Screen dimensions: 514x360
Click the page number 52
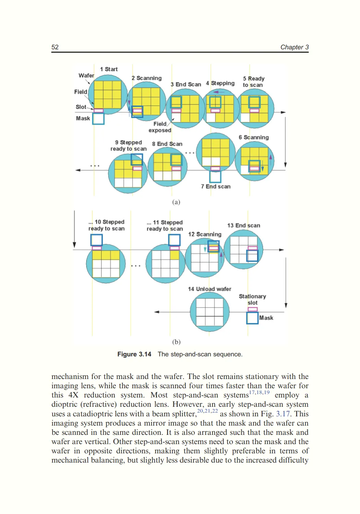coord(55,47)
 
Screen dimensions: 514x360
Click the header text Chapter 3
coord(294,47)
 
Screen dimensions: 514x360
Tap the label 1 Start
coord(109,69)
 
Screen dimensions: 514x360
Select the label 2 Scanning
coord(146,78)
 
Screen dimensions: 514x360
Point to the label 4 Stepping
coord(220,83)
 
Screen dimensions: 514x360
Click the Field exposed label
coord(160,127)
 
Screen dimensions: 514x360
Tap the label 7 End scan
coord(216,186)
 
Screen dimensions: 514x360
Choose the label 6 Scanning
coord(254,137)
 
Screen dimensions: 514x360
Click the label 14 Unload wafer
coord(209,289)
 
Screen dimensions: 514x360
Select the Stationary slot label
coord(252,299)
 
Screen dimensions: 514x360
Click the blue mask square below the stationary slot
coord(252,318)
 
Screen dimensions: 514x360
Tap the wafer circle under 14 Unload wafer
coord(209,312)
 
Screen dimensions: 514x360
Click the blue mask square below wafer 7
coord(215,177)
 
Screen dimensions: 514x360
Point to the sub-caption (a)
coord(176,202)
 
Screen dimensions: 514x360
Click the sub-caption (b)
coord(176,342)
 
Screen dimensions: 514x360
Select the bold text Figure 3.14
coord(134,354)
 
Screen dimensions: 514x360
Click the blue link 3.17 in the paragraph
coord(283,414)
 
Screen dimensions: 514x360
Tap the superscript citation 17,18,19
coord(259,393)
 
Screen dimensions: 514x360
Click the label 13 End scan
coord(243,225)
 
